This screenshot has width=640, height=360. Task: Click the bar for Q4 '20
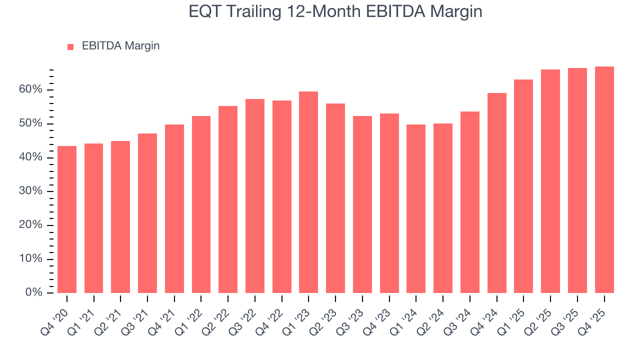click(67, 219)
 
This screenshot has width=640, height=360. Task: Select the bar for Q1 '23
click(308, 192)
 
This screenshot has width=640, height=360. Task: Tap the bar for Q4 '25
click(604, 179)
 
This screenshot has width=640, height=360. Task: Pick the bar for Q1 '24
click(416, 208)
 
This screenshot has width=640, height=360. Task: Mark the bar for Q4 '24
click(496, 193)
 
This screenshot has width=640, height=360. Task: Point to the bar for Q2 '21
click(120, 217)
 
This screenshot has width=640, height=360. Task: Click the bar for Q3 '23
click(362, 204)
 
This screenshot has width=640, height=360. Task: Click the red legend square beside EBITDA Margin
click(70, 47)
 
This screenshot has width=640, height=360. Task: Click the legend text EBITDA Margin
click(120, 46)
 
